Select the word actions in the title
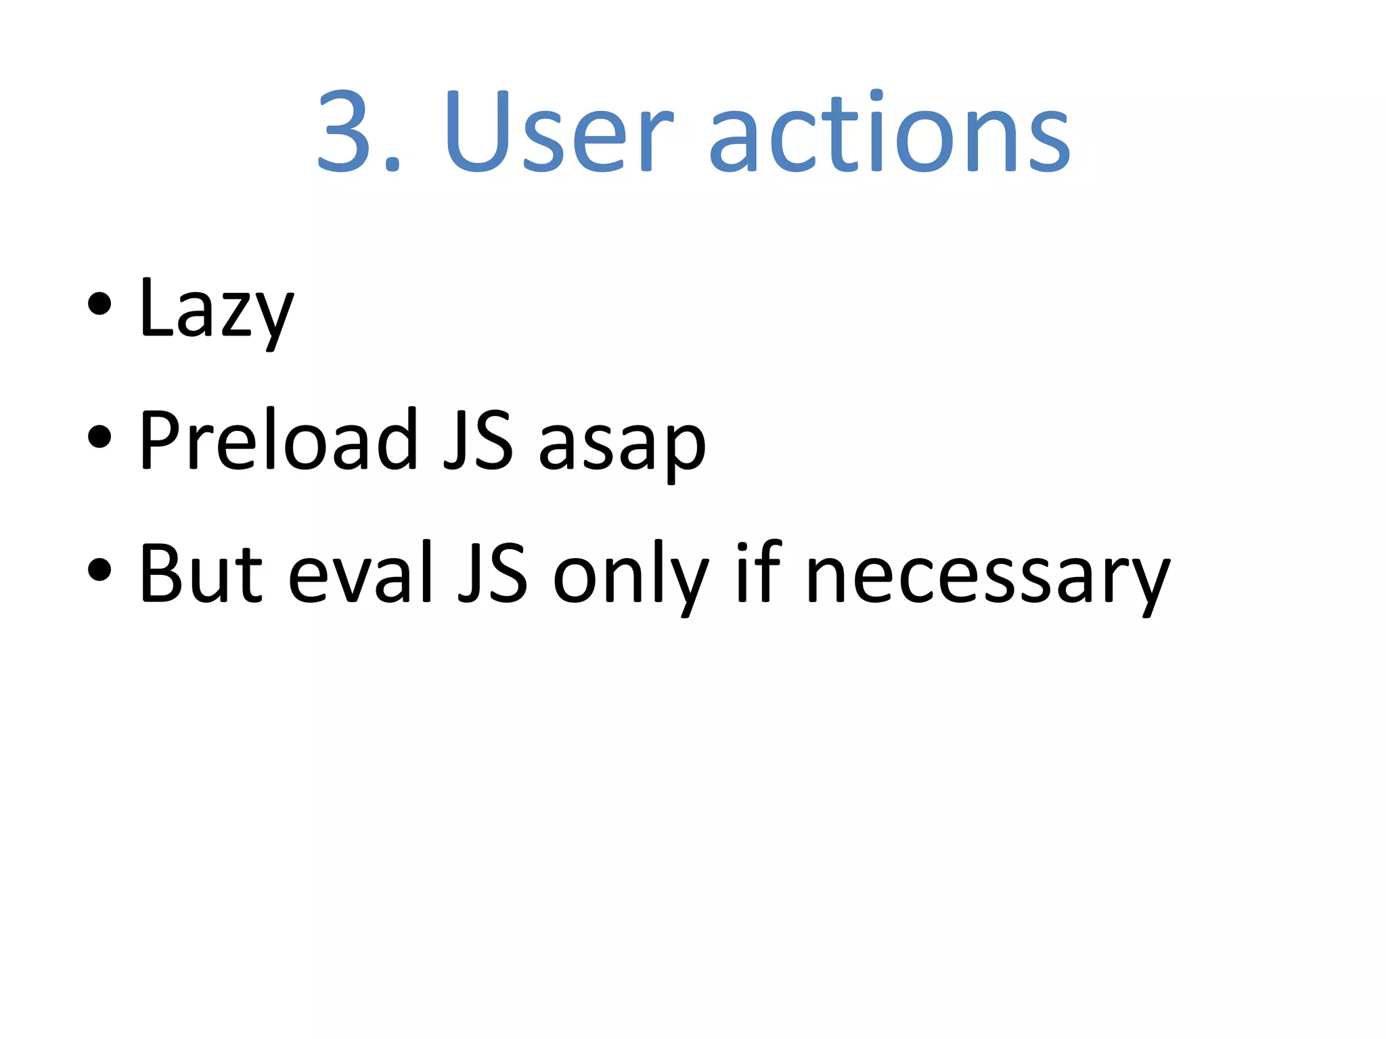889,131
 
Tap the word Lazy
216,310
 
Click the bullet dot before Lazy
99,304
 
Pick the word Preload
278,441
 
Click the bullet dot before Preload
99,436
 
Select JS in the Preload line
478,441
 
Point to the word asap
622,446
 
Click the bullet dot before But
99,570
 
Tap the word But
200,574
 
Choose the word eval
360,574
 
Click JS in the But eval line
493,574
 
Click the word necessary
987,579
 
